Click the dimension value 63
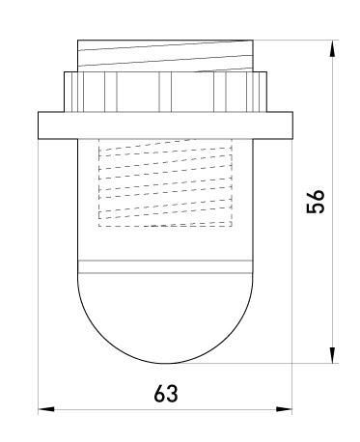165,395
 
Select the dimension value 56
316,202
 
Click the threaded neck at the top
164,54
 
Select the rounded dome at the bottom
164,318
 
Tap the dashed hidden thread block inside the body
165,185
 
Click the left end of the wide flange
44,125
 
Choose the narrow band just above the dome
164,267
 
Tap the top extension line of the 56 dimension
299,40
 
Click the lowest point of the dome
164,364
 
